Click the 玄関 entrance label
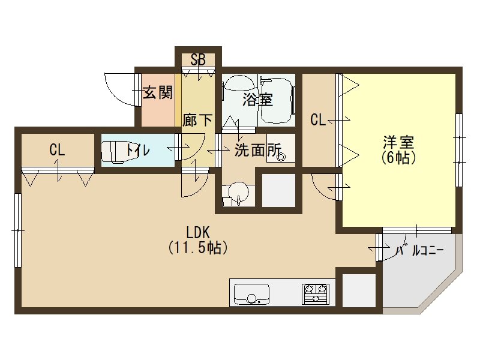coord(158,92)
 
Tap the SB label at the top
coord(198,60)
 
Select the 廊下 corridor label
coord(197,120)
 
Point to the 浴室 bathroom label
coord(257,100)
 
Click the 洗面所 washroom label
coord(257,150)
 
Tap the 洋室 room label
coord(398,143)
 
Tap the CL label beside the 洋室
coord(318,120)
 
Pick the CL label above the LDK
coord(57,150)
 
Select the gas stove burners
coord(317,293)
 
